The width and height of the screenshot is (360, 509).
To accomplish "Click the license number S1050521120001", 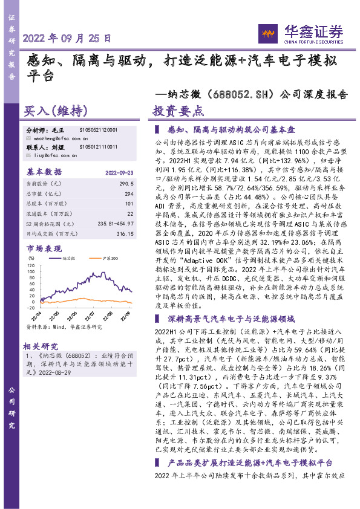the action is [99, 130].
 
